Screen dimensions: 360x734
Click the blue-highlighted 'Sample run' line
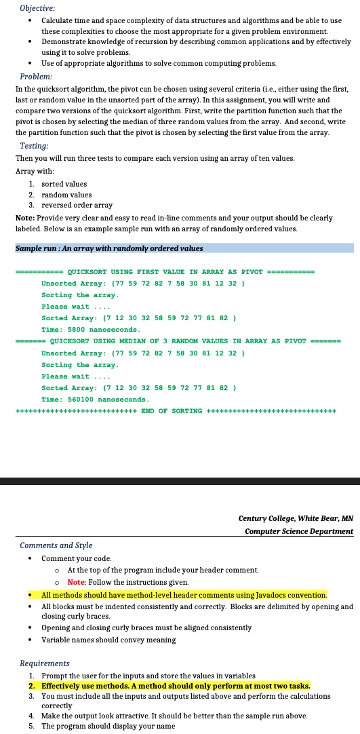(109, 248)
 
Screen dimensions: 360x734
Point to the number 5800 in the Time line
(76, 329)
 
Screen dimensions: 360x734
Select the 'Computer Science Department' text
(299, 530)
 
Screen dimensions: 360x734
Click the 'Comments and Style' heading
(56, 545)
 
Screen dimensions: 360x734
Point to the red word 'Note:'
(77, 582)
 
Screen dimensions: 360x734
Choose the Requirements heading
(45, 663)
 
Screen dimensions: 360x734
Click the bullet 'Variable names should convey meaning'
(108, 640)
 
